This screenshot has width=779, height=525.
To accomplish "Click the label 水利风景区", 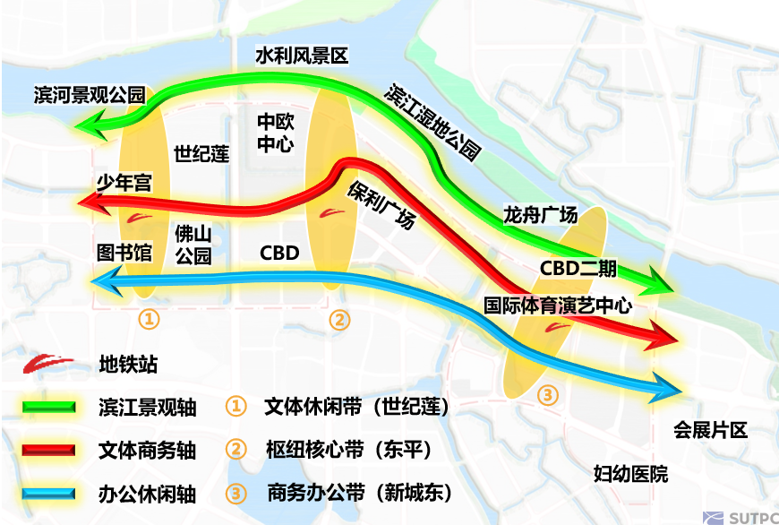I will tap(302, 56).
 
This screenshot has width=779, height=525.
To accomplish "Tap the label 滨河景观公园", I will tap(89, 94).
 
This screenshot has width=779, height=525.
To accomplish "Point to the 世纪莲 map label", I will tap(201, 153).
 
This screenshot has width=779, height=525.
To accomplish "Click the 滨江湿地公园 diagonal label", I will tap(433, 123).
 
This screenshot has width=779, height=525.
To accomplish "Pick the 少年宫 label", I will tap(124, 184).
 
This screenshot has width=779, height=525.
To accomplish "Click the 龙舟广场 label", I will tap(540, 216).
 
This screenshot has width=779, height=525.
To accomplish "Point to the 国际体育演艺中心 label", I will tap(558, 305).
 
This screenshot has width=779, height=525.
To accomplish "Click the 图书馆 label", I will tap(124, 252).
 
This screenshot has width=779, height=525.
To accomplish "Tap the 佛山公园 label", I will tap(193, 245).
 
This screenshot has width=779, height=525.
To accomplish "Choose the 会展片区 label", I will tap(710, 431).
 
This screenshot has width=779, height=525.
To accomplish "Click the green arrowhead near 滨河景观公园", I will tap(88, 125).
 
